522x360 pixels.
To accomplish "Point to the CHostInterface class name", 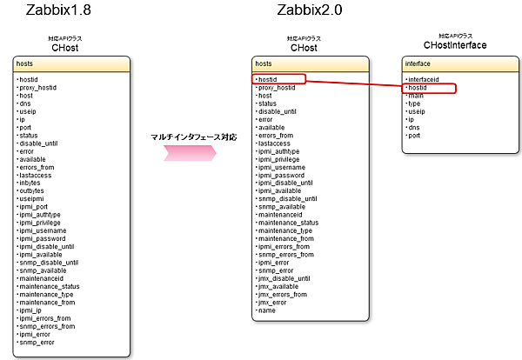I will [454, 45].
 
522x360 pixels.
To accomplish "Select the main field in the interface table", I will [417, 96].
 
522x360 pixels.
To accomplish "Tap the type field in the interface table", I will [417, 103].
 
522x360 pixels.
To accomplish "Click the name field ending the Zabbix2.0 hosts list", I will [267, 310].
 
